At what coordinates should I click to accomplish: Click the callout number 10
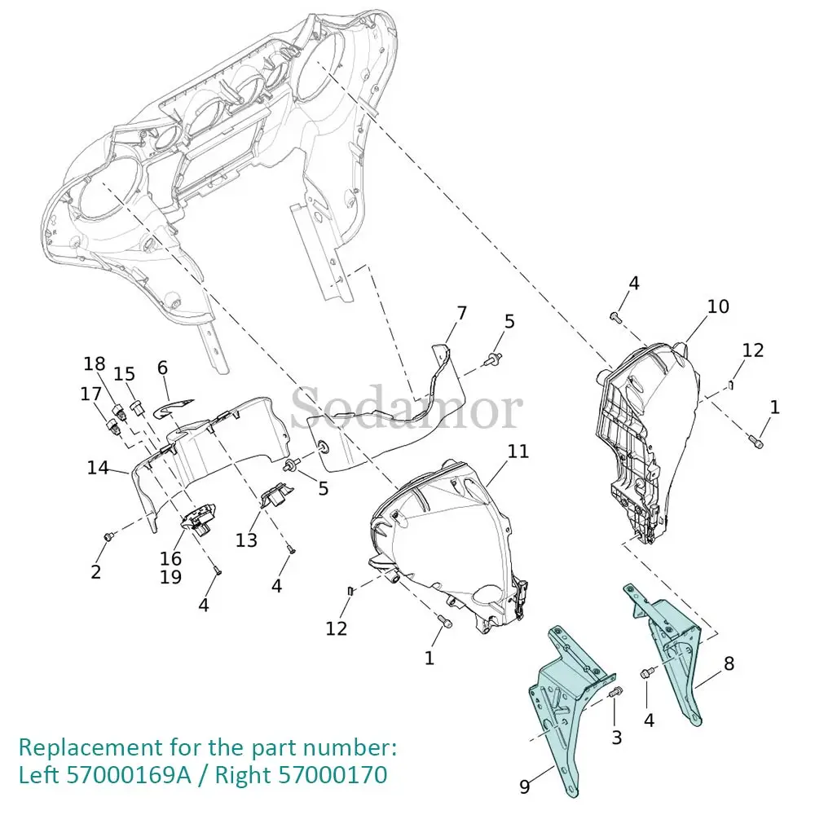(718, 307)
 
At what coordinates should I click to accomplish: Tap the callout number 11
(518, 451)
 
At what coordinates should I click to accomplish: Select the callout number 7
(462, 313)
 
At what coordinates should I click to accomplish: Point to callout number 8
(729, 663)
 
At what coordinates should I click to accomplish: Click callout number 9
(525, 786)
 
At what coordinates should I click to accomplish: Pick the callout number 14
(99, 468)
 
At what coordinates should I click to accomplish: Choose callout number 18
(95, 363)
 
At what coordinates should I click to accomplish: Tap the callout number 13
(246, 540)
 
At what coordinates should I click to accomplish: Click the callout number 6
(162, 368)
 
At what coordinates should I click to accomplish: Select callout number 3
(617, 738)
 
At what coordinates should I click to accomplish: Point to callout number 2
(96, 572)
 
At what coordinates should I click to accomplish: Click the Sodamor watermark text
(407, 409)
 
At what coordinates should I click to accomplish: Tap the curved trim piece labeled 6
(175, 405)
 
